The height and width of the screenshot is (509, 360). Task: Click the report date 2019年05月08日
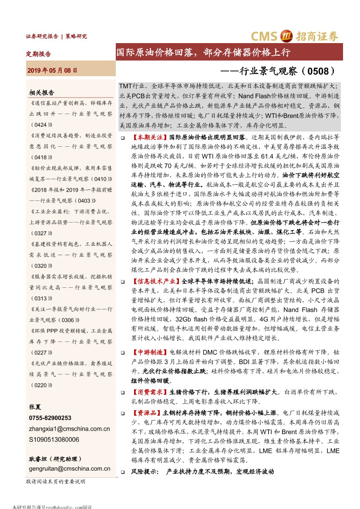click(x=52, y=70)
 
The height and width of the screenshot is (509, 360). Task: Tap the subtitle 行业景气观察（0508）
click(x=283, y=70)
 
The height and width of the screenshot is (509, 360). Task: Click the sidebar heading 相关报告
click(x=41, y=92)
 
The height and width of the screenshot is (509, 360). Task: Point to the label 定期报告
click(x=39, y=54)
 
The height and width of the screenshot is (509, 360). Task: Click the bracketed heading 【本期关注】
click(x=150, y=138)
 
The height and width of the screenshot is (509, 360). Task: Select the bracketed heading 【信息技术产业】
click(x=156, y=281)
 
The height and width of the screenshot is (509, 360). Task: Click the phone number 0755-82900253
click(x=50, y=418)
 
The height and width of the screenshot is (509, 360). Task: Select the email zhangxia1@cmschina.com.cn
click(x=70, y=428)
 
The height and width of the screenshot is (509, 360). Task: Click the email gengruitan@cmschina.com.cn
click(x=70, y=469)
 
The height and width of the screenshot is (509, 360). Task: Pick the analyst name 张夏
click(x=35, y=407)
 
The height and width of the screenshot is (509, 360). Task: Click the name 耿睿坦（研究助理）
click(x=55, y=459)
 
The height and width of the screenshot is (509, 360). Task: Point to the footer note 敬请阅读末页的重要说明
click(x=56, y=482)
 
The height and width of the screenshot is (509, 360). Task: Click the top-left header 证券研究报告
click(x=42, y=37)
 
